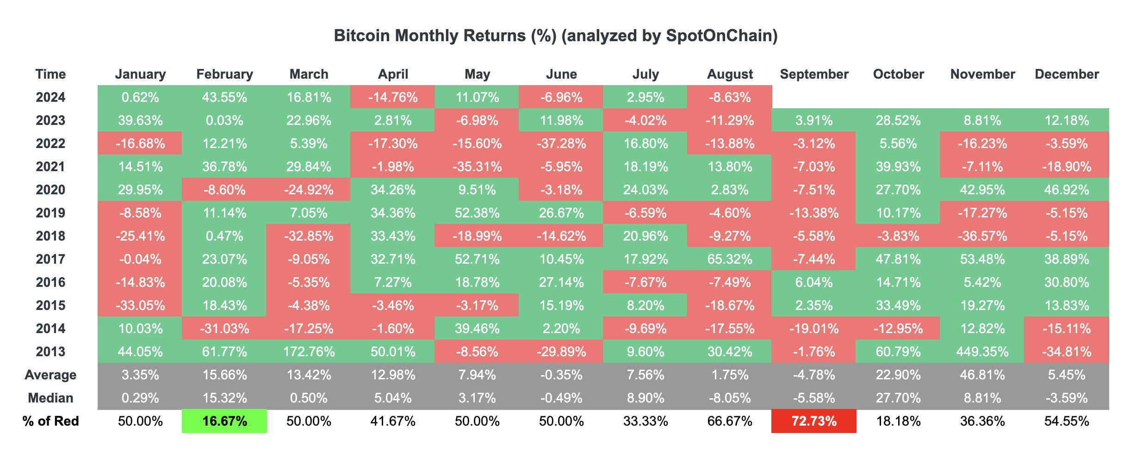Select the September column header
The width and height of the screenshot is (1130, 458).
[814, 74]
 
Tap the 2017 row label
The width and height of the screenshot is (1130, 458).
[50, 259]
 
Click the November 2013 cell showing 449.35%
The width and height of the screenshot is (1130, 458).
[982, 352]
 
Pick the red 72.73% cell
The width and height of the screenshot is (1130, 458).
[814, 421]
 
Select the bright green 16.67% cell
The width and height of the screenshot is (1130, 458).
[224, 421]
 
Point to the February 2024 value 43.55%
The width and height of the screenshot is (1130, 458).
[224, 97]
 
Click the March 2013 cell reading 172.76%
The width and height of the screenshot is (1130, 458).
[309, 352]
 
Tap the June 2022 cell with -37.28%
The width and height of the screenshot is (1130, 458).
[561, 143]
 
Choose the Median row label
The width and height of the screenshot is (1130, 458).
[50, 398]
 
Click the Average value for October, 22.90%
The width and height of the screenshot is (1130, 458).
[898, 375]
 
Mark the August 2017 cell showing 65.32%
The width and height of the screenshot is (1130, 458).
[730, 259]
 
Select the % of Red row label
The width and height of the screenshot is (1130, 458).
[50, 421]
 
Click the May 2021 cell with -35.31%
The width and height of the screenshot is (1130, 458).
[477, 167]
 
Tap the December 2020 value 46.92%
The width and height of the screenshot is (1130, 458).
[1067, 190]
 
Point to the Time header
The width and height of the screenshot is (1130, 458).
[50, 74]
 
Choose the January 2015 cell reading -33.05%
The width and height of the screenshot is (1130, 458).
[140, 305]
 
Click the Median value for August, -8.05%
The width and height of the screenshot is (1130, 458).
[730, 398]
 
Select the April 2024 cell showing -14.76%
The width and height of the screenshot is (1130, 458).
[393, 97]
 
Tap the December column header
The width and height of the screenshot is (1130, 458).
[1067, 74]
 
